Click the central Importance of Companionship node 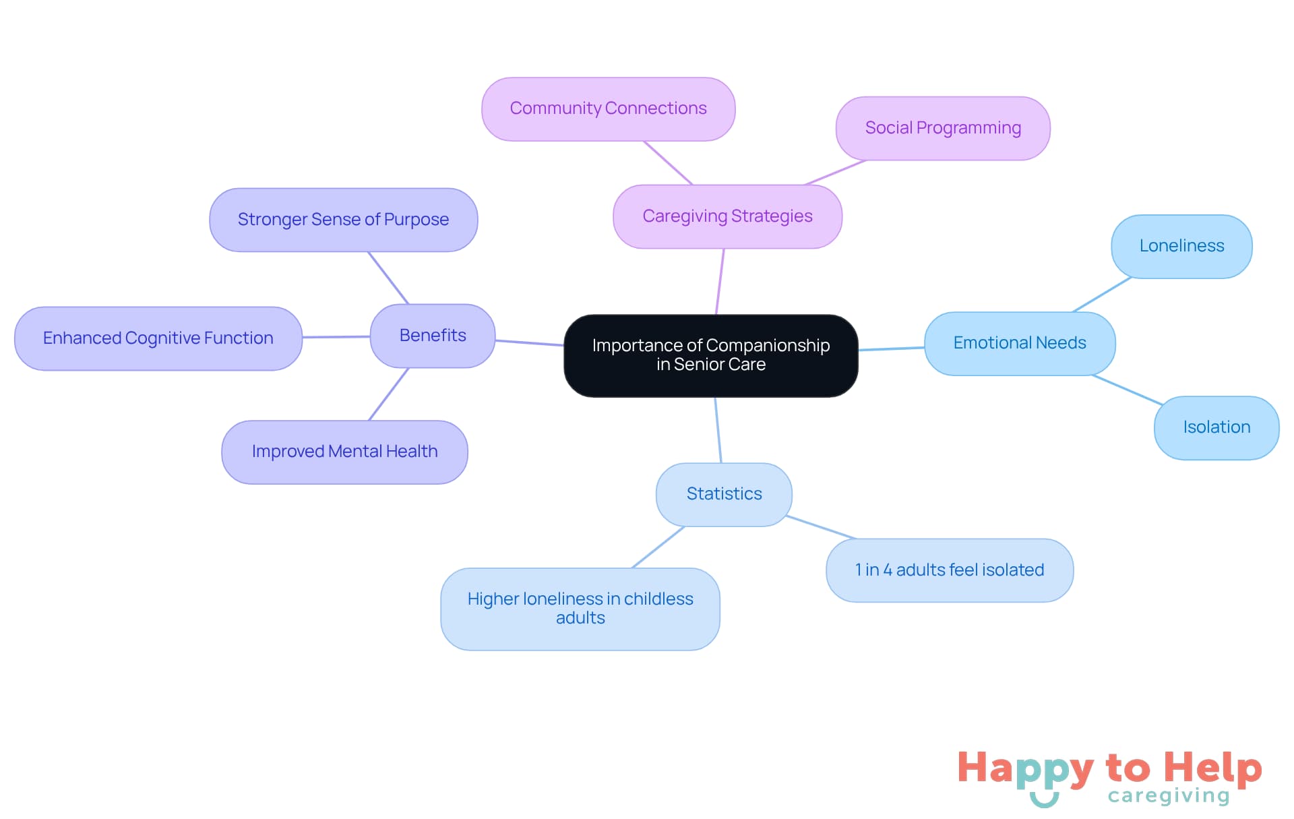710,355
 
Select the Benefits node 432,336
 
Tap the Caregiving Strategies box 727,216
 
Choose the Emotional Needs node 1019,343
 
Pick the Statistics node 724,494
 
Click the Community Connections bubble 608,109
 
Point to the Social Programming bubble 942,128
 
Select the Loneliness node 1181,246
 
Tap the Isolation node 1216,427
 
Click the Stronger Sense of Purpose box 343,220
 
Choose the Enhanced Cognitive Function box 158,338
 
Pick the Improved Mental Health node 344,452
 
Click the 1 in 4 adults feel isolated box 949,570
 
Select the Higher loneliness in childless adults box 580,609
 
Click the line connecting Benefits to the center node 529,343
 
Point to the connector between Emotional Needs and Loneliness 1101,295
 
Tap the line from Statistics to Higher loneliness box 658,547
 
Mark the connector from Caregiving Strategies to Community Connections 668,162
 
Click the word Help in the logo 1212,768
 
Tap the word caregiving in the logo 1169,796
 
